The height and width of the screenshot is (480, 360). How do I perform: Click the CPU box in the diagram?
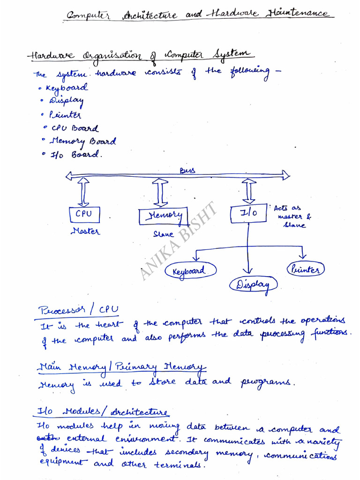coord(84,214)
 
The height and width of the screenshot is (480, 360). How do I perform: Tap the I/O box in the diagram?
coord(248,213)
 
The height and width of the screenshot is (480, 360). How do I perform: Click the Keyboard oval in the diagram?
coord(191,270)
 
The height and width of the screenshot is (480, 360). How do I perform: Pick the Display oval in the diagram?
coord(253,284)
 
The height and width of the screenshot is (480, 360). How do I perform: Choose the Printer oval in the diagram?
coord(306,269)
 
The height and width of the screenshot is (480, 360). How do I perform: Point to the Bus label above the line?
coord(187,171)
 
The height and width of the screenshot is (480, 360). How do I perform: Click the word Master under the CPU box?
coord(85,231)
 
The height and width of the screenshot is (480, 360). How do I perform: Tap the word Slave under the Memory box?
coord(163,233)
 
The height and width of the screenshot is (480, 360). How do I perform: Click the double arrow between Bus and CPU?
coord(84,192)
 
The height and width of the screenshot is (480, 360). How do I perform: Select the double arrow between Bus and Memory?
coord(160,192)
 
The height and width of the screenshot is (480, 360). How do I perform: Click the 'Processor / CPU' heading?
coord(78,310)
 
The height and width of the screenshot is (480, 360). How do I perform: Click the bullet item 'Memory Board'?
coord(82,142)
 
